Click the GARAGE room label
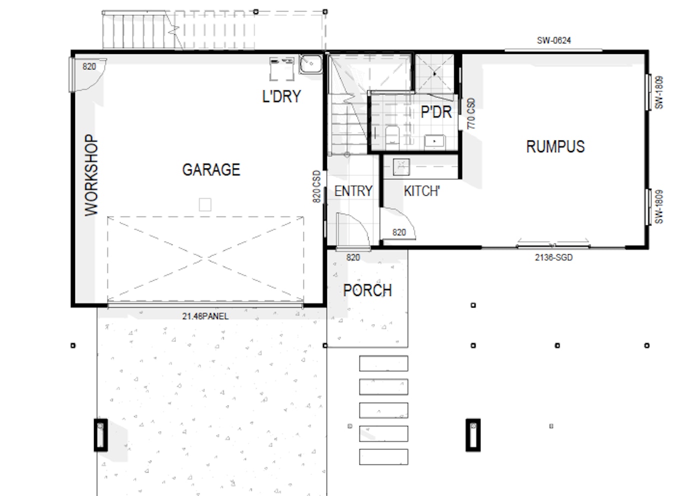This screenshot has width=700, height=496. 211,170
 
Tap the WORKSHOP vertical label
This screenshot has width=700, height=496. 91,175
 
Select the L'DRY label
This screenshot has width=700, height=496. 281,96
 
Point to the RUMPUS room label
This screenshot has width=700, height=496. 555,146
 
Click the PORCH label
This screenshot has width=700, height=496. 367,290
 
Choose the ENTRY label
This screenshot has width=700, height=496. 353,191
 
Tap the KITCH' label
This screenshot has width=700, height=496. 421,191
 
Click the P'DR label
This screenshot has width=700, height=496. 435,112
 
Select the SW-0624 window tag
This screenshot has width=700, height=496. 553,40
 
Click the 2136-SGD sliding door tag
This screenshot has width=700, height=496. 553,258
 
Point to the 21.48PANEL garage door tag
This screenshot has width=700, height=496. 205,316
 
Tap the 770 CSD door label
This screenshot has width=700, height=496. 471,114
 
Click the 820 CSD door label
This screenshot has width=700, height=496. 316,186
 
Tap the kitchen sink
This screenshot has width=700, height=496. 401,166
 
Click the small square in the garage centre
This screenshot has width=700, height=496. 205,204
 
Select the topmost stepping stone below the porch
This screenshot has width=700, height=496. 383,363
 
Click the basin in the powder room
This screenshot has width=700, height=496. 434,141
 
